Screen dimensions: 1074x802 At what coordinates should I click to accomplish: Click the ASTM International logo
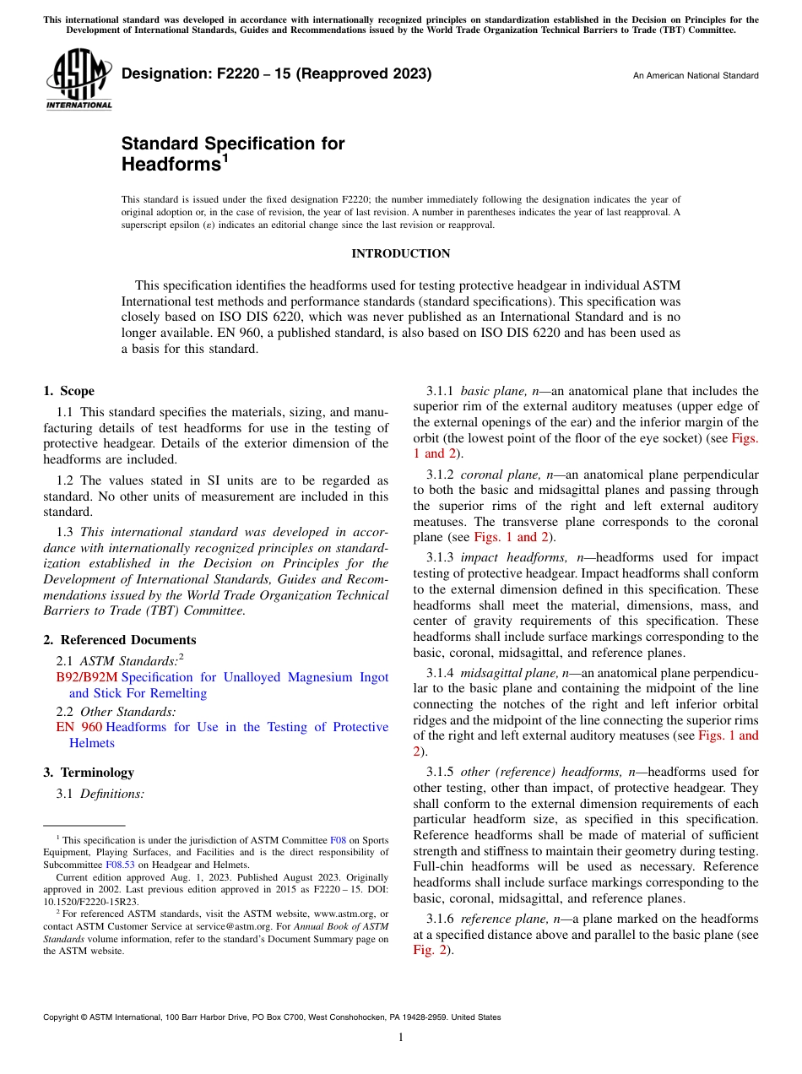(79, 80)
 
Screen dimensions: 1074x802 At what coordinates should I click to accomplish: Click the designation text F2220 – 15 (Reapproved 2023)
(276, 73)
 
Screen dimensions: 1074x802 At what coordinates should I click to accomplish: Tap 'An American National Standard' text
(696, 76)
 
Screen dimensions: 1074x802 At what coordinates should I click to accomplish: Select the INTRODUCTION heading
(400, 253)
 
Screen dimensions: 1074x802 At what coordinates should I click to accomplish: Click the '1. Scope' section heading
(68, 391)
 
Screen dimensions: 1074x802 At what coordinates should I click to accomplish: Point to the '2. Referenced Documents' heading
(119, 640)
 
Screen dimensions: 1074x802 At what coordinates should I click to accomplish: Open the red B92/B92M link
(87, 677)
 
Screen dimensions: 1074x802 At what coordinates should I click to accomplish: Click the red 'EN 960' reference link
(79, 727)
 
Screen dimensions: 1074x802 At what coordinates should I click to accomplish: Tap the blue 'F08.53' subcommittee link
(120, 865)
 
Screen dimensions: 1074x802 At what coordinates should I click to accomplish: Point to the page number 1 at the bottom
(400, 1037)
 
